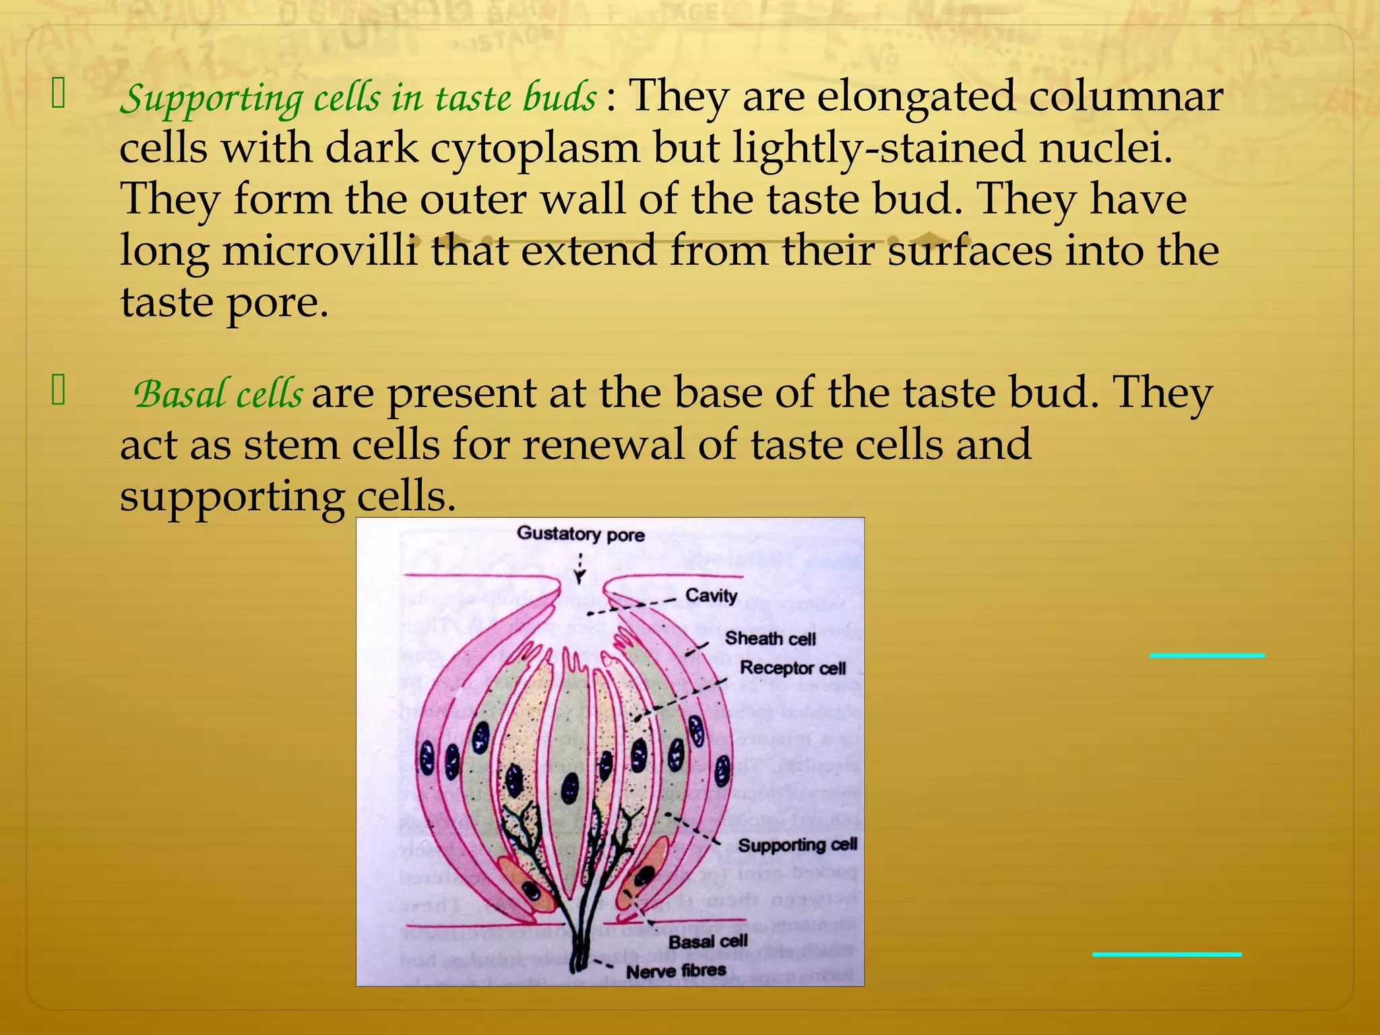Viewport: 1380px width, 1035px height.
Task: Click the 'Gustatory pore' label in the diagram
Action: click(x=580, y=534)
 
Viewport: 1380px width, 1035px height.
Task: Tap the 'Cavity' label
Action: click(x=711, y=596)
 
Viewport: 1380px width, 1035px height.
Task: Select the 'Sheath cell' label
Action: click(x=770, y=638)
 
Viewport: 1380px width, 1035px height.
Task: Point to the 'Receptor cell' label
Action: click(x=792, y=668)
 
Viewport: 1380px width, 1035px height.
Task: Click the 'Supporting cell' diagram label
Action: click(x=797, y=845)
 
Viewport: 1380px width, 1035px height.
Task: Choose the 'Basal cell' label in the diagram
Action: click(x=708, y=941)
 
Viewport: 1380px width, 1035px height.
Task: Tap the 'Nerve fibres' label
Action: click(x=676, y=971)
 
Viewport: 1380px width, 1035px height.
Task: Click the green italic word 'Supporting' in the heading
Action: click(x=212, y=99)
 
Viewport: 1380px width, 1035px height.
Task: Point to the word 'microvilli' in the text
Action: click(x=319, y=251)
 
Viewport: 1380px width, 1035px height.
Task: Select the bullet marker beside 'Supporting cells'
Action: click(x=59, y=94)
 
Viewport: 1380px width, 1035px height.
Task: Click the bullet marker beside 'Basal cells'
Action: click(x=59, y=391)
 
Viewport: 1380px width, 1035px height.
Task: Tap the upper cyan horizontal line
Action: click(x=1207, y=655)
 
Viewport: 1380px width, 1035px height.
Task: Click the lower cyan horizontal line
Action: click(x=1166, y=954)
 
